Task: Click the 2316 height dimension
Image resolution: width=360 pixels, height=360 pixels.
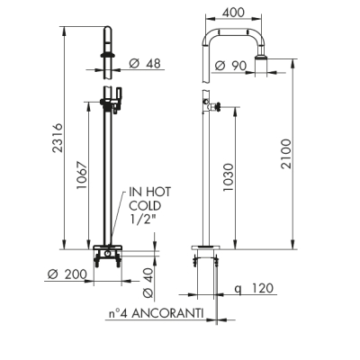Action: [58, 138]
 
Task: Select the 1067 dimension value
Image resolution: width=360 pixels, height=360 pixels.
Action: [81, 175]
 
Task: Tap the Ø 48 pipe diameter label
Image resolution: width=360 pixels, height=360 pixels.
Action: [145, 63]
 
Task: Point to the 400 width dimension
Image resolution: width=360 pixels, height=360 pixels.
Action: [234, 13]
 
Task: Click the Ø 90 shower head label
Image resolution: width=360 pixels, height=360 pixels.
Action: [231, 66]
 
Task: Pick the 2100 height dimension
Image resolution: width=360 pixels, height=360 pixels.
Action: [286, 154]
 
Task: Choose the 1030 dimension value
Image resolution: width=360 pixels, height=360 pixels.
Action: [228, 177]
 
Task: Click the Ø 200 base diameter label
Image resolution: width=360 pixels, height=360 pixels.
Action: [67, 274]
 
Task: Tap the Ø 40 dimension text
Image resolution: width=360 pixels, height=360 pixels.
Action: [148, 283]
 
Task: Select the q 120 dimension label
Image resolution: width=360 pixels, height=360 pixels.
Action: [254, 288]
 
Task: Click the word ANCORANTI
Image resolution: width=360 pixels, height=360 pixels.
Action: [167, 313]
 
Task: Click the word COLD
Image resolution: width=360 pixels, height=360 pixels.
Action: [145, 206]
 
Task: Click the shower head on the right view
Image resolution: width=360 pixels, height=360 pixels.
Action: [261, 58]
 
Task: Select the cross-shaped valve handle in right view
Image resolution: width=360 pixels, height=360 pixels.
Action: [215, 106]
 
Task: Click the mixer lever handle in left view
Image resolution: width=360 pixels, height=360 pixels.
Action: [119, 96]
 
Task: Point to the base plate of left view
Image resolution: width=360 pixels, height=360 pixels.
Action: [108, 247]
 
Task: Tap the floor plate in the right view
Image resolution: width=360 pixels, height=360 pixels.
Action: [205, 247]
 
